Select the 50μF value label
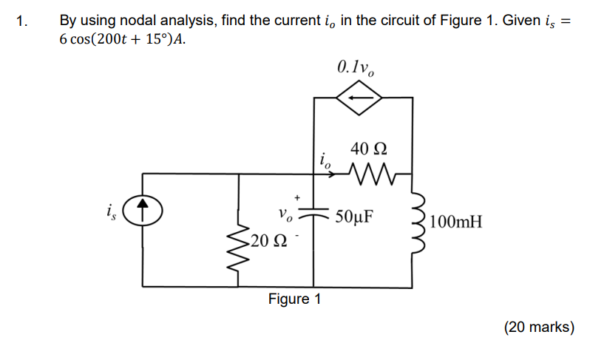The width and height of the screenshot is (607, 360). [355, 217]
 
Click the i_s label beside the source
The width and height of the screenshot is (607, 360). [109, 213]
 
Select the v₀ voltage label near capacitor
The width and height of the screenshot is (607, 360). [287, 217]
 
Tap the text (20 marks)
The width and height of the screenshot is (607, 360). [538, 327]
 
